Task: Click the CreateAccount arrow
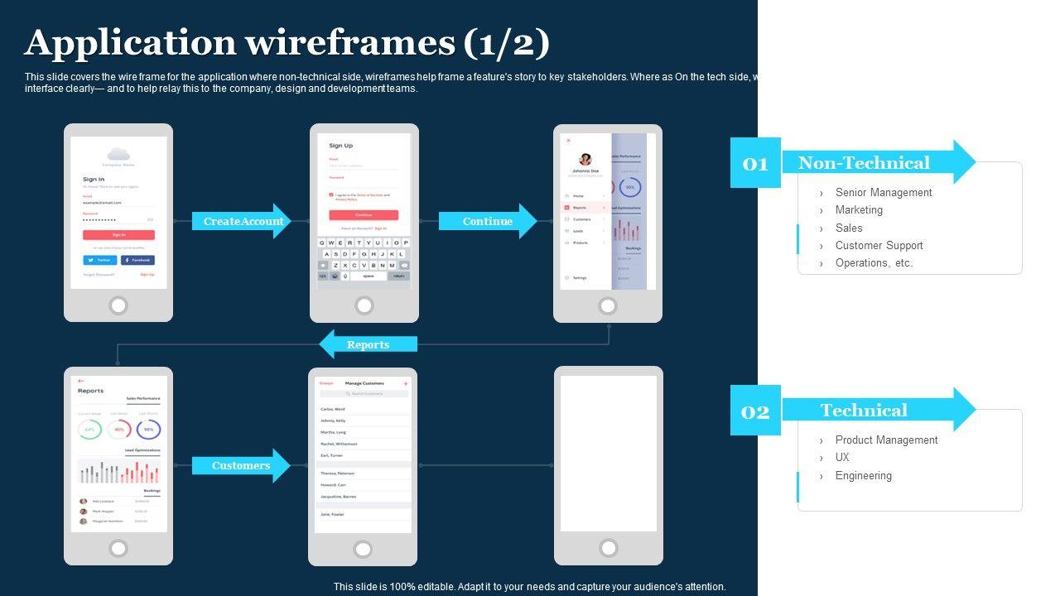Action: click(x=242, y=221)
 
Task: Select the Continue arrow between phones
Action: click(x=487, y=221)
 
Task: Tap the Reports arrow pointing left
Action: click(x=368, y=344)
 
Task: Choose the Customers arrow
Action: click(x=240, y=465)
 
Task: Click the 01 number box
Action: click(x=755, y=163)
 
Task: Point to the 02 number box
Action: click(x=755, y=411)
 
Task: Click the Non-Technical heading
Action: click(x=864, y=163)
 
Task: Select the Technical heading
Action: click(x=864, y=410)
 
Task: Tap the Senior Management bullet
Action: click(x=883, y=192)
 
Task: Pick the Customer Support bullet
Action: click(x=879, y=245)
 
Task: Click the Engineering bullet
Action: click(x=863, y=475)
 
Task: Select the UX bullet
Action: click(x=842, y=457)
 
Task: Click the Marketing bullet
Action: click(x=859, y=209)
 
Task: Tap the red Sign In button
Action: click(x=118, y=234)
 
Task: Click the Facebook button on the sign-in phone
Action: click(x=137, y=260)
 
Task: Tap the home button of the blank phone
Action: click(x=609, y=548)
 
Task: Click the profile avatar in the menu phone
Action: click(x=585, y=159)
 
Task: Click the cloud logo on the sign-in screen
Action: click(x=118, y=153)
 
